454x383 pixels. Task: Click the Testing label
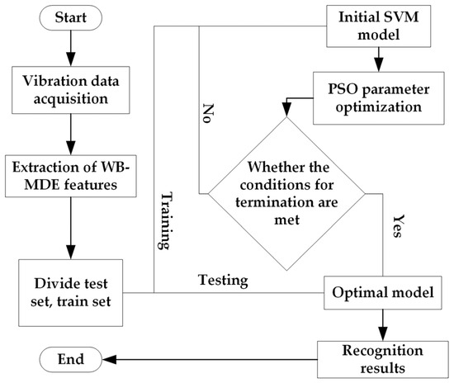coord(224,280)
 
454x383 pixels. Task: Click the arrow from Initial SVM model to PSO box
coord(378,59)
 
